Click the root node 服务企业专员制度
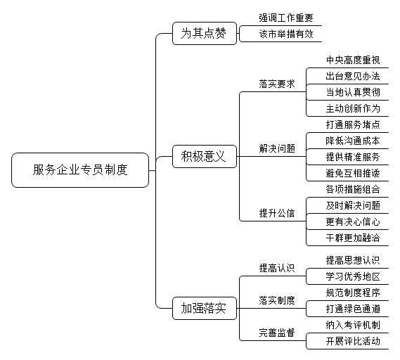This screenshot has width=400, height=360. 80,170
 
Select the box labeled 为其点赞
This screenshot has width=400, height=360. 205,34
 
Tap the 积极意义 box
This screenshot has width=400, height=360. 205,156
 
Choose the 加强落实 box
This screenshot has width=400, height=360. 205,308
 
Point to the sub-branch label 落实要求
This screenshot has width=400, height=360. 277,84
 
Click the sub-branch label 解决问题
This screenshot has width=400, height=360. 277,148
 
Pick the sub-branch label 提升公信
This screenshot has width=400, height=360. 277,213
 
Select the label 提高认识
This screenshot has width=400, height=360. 277,268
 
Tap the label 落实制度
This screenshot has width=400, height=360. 277,300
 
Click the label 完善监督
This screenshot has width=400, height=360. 277,333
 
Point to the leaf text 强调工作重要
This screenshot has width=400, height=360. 286,18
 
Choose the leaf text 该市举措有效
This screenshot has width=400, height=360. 286,34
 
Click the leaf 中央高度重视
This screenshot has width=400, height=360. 353,60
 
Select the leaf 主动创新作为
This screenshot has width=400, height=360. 353,108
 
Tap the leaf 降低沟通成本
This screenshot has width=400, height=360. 353,141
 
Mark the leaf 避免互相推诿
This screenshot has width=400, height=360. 353,173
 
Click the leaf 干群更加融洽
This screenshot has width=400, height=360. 353,238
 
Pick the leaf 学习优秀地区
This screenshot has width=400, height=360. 353,276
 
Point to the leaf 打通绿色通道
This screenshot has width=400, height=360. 353,309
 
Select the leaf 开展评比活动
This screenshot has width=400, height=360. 353,341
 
